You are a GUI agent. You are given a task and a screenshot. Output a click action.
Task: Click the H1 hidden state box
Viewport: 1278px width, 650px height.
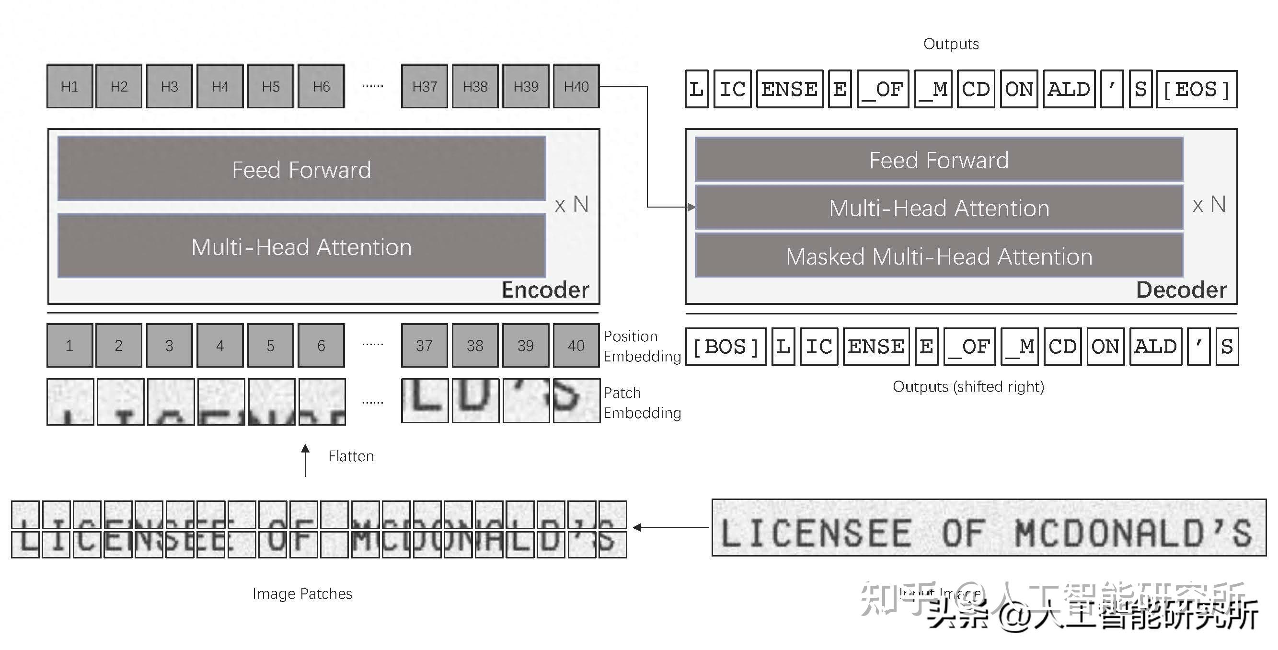tap(69, 86)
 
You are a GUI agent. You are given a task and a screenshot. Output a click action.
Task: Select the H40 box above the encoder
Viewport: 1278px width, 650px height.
tap(576, 86)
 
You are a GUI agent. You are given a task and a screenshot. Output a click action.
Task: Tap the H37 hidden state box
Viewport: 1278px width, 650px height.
tap(424, 86)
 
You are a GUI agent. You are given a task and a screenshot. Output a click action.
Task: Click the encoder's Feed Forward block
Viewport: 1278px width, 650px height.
tap(301, 169)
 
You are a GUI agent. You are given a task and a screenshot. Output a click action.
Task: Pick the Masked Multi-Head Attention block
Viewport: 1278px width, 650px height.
tap(939, 256)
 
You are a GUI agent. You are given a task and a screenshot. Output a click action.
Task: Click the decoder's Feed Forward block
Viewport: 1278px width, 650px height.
tap(939, 160)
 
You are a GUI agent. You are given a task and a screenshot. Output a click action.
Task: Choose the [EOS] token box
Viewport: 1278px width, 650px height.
tap(1196, 89)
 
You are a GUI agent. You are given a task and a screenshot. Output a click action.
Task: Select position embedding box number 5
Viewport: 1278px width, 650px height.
tap(270, 345)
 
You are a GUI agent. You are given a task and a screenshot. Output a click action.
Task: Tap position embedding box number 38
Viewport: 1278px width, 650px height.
tap(475, 345)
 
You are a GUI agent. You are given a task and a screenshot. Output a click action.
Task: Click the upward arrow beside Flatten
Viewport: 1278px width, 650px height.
tap(306, 461)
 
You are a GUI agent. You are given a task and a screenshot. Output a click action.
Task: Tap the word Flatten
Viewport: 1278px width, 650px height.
tap(351, 456)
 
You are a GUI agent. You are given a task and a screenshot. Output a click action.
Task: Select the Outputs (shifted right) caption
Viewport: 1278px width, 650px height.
tap(968, 386)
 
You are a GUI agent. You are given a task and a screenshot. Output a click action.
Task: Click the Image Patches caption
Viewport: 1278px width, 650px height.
tap(302, 593)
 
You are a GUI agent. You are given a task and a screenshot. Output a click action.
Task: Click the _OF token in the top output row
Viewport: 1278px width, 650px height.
tap(883, 89)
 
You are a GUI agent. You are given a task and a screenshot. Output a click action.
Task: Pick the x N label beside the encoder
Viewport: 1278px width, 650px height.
tap(572, 204)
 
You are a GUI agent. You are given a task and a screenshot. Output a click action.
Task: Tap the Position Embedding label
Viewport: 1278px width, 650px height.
tap(642, 346)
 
